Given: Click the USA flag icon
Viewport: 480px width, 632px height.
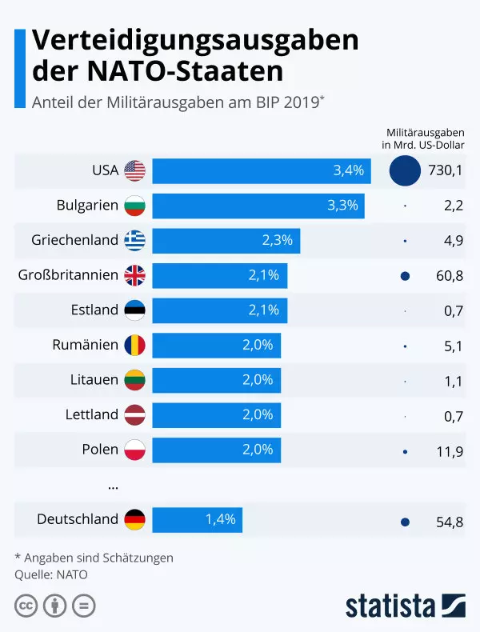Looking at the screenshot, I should (x=134, y=170).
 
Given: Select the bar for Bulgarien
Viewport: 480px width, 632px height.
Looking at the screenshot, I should (x=258, y=205).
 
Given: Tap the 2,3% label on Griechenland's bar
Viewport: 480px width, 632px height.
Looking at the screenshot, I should (x=278, y=240).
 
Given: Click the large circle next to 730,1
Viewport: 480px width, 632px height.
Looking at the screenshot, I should (x=405, y=170).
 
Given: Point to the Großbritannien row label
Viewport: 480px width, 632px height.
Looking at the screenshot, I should (x=68, y=275).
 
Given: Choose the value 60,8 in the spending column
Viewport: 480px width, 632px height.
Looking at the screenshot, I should (x=447, y=275).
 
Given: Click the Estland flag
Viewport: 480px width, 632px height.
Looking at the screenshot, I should (x=134, y=310).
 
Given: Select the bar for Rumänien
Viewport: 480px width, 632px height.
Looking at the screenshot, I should (x=216, y=345).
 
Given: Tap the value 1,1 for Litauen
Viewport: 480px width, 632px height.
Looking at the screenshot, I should (x=453, y=380).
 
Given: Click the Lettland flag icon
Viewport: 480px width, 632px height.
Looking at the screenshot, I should (x=134, y=414).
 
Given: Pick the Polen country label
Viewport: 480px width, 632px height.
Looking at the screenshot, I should (x=100, y=449).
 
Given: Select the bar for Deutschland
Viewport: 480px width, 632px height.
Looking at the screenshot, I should (x=197, y=519).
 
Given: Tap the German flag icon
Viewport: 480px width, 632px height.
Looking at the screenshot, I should (x=134, y=519).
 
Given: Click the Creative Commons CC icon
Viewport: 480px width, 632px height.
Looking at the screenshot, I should (x=26, y=605).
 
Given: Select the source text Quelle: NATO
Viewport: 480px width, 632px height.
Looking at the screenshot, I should (x=51, y=574).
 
